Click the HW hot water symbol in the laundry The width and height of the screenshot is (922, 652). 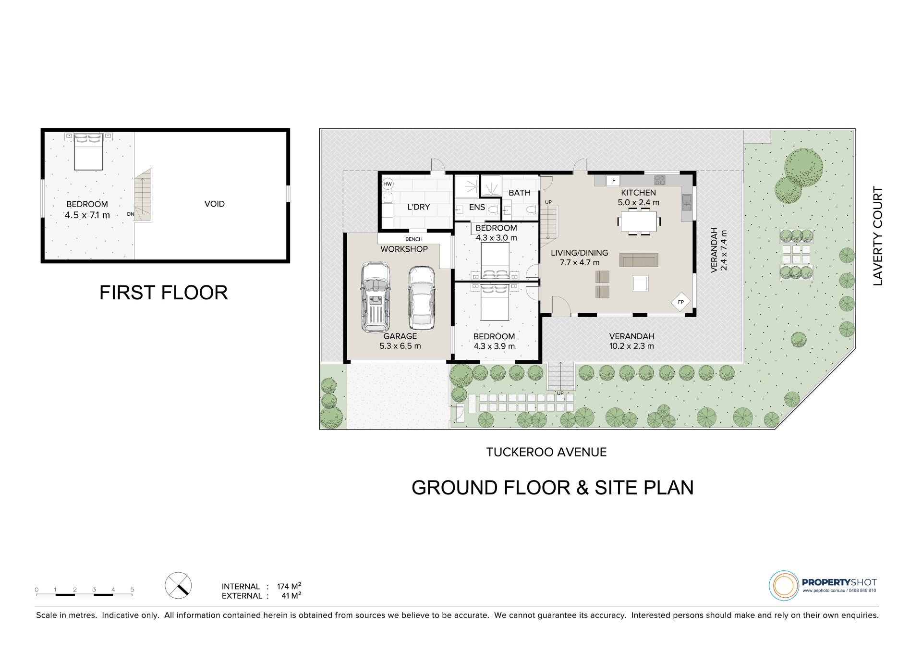388,184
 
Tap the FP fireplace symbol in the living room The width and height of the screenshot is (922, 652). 680,302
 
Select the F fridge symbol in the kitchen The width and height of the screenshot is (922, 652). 613,181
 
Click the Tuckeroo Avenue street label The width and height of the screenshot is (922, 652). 546,452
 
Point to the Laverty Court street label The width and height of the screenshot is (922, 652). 878,236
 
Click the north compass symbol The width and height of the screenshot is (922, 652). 178,586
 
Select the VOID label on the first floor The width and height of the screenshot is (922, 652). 215,204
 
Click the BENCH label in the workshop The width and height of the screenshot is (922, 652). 414,239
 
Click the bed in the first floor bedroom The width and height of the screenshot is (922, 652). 89,151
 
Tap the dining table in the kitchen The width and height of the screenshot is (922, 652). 638,221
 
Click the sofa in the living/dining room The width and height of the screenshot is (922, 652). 638,260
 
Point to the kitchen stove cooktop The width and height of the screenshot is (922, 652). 660,180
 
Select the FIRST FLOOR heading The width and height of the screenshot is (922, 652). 163,293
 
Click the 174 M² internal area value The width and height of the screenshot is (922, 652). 289,586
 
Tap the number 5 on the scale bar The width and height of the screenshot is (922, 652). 132,590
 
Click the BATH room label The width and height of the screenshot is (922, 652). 520,193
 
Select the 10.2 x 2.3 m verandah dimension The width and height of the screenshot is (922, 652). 631,346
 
